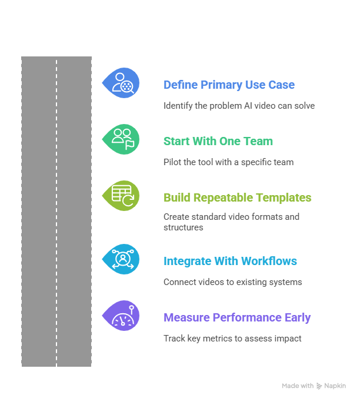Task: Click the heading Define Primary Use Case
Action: (229, 85)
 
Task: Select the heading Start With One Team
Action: (218, 141)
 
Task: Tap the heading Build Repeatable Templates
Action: (237, 197)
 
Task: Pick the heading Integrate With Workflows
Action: (230, 261)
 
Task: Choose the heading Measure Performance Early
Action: (237, 317)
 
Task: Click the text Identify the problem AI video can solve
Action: (239, 106)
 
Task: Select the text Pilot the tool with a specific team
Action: (228, 162)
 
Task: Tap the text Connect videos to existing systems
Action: (232, 282)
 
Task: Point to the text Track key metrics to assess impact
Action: (232, 339)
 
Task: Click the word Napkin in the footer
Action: (335, 386)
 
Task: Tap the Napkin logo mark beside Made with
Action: (319, 386)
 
